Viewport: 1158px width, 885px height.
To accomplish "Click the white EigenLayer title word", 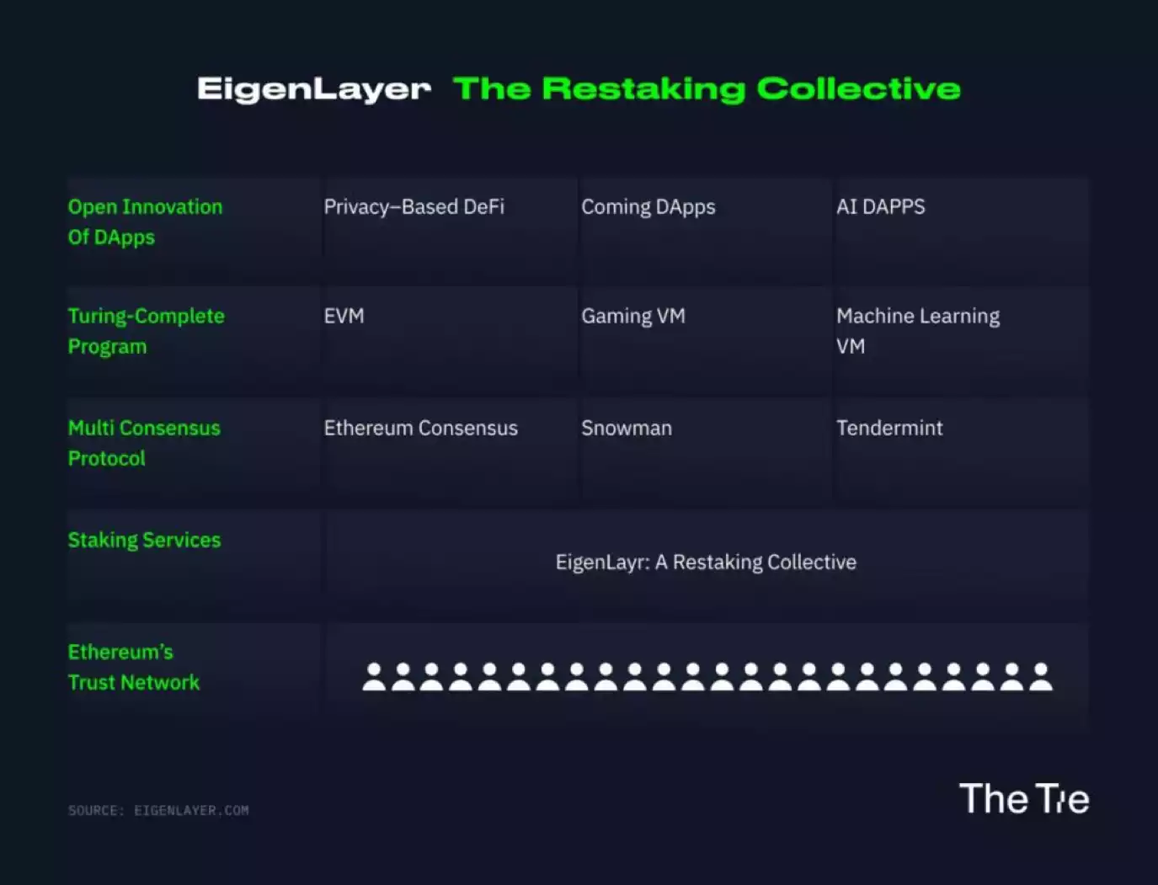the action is click(x=314, y=89).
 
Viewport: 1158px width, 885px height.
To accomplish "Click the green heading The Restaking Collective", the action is click(x=707, y=88).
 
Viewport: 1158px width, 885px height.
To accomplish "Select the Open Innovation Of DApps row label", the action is click(x=145, y=222).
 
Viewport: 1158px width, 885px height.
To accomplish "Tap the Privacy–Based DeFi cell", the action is click(x=414, y=207).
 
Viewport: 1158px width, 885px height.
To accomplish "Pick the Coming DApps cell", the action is click(x=648, y=207).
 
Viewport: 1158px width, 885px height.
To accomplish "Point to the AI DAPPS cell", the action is click(x=881, y=207).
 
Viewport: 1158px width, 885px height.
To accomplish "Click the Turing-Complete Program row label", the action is click(x=147, y=331).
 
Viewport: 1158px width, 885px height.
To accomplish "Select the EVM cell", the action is click(x=344, y=316).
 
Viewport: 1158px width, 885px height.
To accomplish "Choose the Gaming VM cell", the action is click(x=633, y=317).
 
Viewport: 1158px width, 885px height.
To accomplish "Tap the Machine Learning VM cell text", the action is click(x=918, y=331).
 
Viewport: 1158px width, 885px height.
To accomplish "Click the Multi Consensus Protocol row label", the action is click(x=144, y=443).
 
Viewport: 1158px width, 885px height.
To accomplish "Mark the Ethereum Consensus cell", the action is click(x=421, y=428).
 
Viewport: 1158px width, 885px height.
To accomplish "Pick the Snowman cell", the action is click(x=627, y=428).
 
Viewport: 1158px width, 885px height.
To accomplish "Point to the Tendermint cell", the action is click(x=889, y=428).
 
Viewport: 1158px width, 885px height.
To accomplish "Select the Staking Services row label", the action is click(x=145, y=540).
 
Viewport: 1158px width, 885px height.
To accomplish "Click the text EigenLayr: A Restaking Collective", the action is click(x=706, y=562).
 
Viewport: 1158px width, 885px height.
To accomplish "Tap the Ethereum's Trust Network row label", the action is click(x=134, y=667).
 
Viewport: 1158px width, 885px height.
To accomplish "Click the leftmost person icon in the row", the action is click(x=374, y=677).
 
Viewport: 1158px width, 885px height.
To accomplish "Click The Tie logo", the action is click(x=1024, y=798).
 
